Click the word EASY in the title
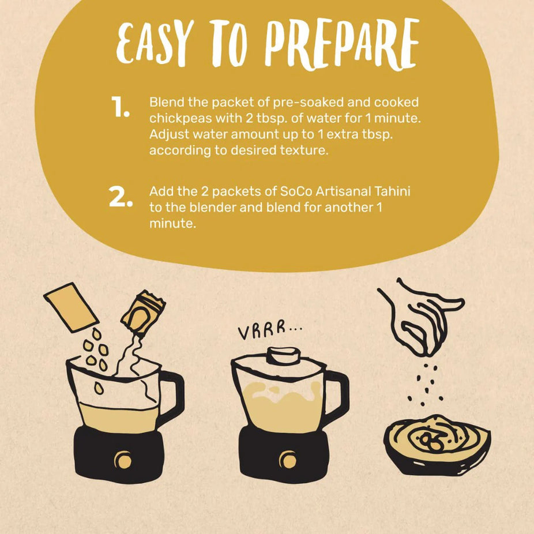click(x=153, y=44)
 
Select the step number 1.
click(x=121, y=108)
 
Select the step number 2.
click(x=121, y=197)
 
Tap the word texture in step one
click(x=302, y=151)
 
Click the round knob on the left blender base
click(x=122, y=460)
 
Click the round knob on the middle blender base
click(x=287, y=460)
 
